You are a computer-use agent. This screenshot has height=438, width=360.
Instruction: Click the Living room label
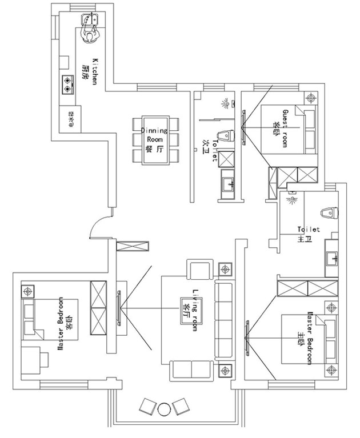point(194,310)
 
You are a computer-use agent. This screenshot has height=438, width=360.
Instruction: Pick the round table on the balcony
point(164,408)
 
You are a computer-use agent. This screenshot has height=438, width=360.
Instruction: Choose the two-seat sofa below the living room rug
point(191,371)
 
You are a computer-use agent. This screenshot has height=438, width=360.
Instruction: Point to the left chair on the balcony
point(147,405)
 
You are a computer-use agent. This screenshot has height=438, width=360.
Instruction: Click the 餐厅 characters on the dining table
point(154,148)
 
